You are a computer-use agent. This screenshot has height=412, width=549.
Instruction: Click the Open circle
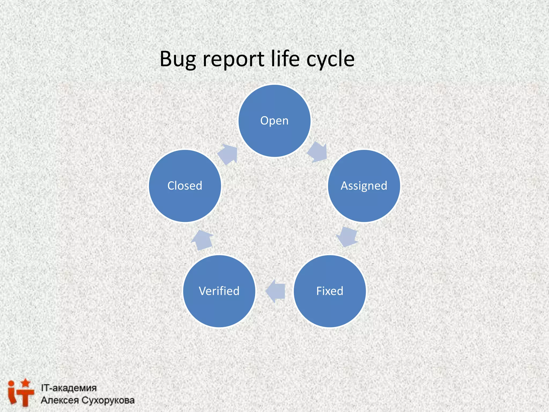274,121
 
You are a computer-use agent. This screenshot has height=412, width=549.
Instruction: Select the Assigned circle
364,186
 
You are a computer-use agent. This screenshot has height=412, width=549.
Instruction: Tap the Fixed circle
330,291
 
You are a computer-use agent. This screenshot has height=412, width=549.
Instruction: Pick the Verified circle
219,291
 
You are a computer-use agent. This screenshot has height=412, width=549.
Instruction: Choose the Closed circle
185,186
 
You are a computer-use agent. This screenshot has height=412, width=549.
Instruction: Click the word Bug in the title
178,59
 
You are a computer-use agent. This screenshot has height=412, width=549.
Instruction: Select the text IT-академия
69,388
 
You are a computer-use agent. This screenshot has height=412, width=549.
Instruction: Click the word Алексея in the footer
60,400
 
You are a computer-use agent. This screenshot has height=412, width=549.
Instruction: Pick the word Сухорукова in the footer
108,400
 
